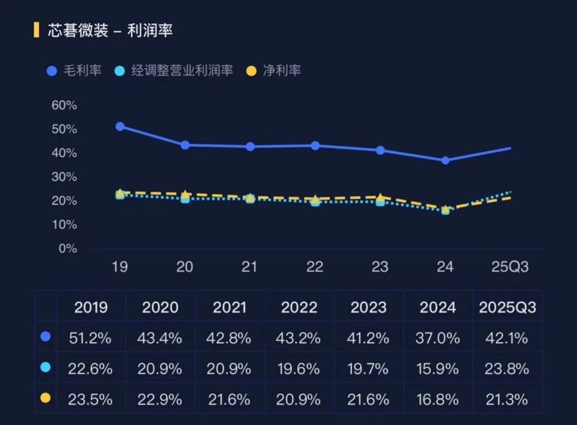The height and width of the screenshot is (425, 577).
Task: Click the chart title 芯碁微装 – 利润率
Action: pyautogui.click(x=111, y=30)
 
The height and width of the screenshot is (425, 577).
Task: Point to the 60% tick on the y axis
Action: pyautogui.click(x=64, y=105)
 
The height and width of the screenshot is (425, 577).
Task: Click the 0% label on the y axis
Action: pyautogui.click(x=67, y=248)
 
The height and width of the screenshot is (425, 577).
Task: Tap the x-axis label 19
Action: pyautogui.click(x=120, y=267)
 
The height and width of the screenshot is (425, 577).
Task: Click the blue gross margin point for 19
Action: pyautogui.click(x=120, y=126)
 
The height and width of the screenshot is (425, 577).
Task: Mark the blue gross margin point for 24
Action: pyautogui.click(x=445, y=161)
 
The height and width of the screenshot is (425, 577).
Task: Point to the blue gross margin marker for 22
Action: pyautogui.click(x=315, y=145)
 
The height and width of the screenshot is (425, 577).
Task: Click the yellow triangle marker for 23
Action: pyautogui.click(x=380, y=197)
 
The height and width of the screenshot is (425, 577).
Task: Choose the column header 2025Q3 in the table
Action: pyautogui.click(x=507, y=307)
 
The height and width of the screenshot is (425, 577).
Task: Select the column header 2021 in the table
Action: pyautogui.click(x=229, y=307)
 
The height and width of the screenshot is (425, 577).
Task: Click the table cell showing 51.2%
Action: pyautogui.click(x=91, y=338)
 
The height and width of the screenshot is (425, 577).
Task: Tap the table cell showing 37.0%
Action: pyautogui.click(x=437, y=338)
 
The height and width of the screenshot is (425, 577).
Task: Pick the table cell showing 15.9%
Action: pyautogui.click(x=437, y=368)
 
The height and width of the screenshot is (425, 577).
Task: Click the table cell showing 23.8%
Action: pyautogui.click(x=507, y=368)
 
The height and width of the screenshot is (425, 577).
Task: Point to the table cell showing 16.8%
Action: pyautogui.click(x=437, y=399)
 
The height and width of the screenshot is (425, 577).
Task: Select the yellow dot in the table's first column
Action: pyautogui.click(x=45, y=397)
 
